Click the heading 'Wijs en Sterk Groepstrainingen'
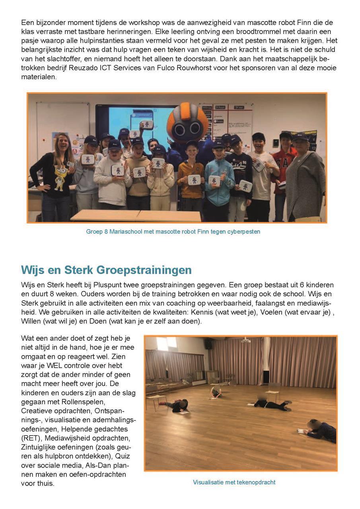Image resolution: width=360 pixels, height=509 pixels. click(x=106, y=270)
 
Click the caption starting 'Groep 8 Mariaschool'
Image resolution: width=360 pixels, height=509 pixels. click(x=173, y=231)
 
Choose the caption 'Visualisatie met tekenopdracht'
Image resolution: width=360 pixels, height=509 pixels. click(x=234, y=482)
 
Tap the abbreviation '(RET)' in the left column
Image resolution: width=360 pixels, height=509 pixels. click(x=31, y=438)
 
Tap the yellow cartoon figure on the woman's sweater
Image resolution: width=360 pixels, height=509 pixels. click(x=58, y=177)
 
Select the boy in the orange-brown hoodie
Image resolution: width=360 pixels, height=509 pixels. click(x=190, y=175)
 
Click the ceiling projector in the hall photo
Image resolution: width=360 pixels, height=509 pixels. click(x=246, y=340)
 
